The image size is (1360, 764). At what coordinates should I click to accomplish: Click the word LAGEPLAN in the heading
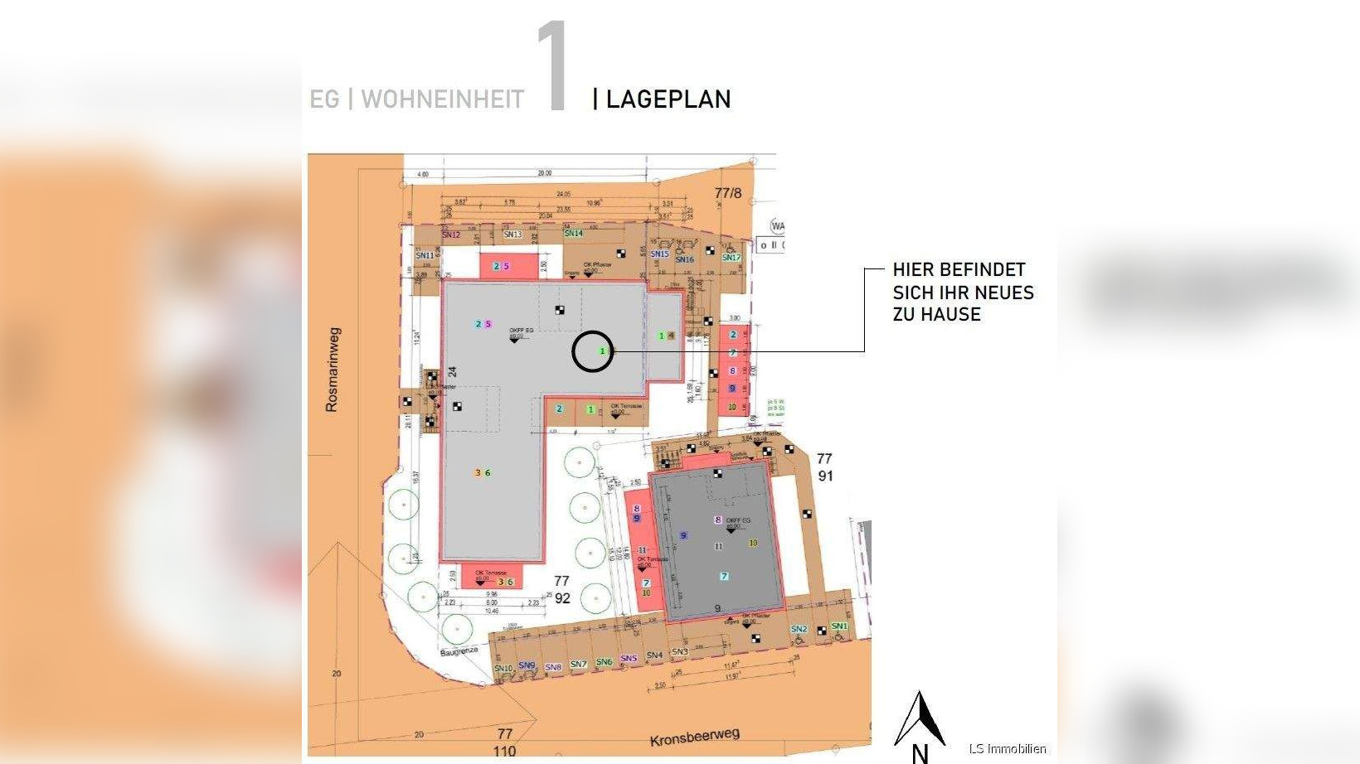(668, 99)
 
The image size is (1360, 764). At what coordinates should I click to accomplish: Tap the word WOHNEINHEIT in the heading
(442, 99)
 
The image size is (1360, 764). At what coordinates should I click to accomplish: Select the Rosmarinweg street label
(332, 370)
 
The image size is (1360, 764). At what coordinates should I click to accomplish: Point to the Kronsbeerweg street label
(694, 736)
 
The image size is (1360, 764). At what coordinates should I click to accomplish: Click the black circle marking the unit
(592, 351)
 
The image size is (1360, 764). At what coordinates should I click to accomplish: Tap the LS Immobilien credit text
(1008, 748)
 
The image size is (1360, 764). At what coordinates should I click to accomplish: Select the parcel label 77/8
(728, 193)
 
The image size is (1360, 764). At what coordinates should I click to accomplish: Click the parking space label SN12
(451, 235)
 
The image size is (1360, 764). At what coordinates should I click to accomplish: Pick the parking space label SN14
(574, 233)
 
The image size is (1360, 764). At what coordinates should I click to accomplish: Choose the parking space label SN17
(731, 257)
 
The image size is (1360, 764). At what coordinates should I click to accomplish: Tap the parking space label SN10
(503, 668)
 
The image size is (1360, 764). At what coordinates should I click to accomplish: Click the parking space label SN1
(839, 626)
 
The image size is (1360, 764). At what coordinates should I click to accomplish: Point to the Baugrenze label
(459, 651)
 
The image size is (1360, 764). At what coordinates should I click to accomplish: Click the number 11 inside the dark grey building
(718, 546)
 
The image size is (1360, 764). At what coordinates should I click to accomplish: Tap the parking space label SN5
(629, 659)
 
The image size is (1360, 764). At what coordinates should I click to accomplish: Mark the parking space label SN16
(684, 259)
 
